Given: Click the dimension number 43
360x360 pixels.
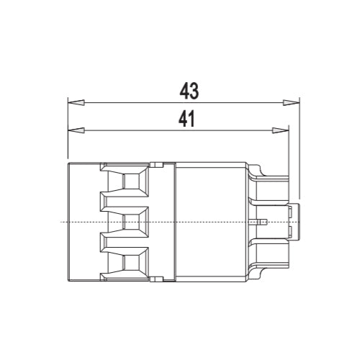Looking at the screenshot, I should (189, 90).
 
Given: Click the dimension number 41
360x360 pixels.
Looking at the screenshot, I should (188, 120).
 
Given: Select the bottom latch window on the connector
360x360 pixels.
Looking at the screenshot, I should (132, 263).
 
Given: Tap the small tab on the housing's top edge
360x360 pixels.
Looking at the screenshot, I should (153, 166).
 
